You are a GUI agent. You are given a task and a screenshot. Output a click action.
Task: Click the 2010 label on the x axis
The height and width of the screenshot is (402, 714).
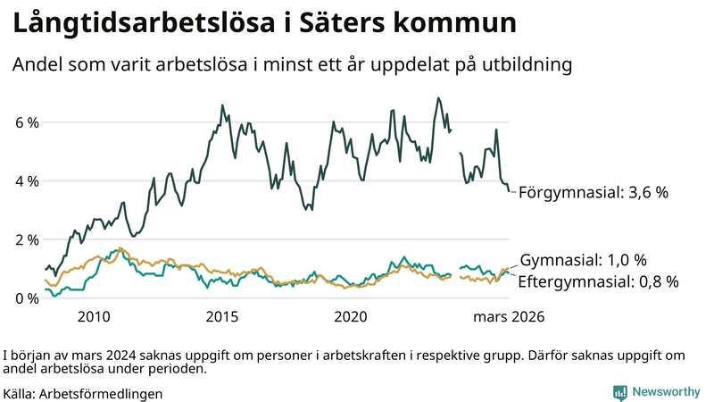coord(94,316)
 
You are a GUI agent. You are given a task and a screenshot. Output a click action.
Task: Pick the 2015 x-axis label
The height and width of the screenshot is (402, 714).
coord(222,316)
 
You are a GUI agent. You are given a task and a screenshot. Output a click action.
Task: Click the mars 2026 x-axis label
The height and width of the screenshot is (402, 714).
coord(509,316)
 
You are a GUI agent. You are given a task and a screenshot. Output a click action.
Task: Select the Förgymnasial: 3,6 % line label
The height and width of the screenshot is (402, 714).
coord(594,192)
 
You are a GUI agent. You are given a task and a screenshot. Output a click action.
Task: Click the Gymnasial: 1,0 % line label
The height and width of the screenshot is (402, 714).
coord(583,260)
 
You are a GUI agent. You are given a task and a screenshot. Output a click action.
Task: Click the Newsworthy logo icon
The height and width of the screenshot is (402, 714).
coord(619,392)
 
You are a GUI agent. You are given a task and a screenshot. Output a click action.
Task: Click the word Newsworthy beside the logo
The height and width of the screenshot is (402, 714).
coord(666,392)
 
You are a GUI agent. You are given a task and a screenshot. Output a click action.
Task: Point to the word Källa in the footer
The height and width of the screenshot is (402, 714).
coord(19,393)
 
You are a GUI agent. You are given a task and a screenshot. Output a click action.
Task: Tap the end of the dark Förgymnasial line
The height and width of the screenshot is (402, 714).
coord(510,190)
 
